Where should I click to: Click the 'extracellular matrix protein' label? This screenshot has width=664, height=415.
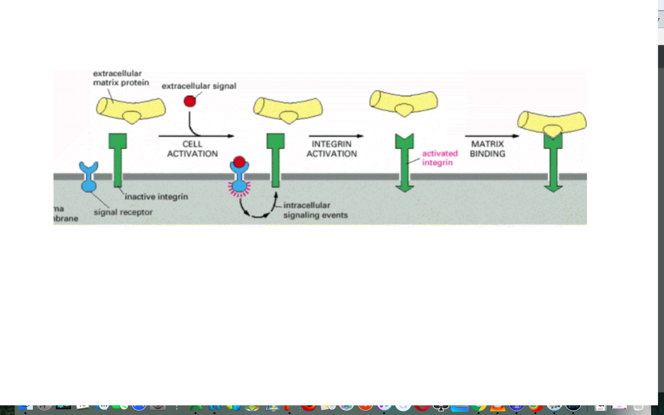[121, 78]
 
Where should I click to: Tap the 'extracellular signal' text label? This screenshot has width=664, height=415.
[199, 86]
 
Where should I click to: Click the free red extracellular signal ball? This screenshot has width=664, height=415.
[190, 101]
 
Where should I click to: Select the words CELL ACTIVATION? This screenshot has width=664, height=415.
[192, 149]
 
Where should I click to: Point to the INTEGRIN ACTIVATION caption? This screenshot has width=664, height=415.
[332, 149]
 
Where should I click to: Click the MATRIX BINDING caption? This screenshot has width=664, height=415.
[487, 149]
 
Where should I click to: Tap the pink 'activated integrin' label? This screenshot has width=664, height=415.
[440, 157]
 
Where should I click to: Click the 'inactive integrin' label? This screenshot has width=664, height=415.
[156, 197]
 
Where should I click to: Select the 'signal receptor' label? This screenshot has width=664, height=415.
[123, 212]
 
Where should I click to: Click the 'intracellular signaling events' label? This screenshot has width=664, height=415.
[315, 210]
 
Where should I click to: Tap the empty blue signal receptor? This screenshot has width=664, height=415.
[89, 177]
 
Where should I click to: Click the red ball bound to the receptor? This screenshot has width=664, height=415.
[239, 162]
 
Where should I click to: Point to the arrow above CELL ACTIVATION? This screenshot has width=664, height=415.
[196, 136]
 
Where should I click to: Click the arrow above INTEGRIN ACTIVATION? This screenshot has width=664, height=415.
[336, 136]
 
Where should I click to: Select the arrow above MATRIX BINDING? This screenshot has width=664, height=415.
[492, 136]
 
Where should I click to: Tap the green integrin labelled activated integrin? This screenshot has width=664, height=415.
[404, 162]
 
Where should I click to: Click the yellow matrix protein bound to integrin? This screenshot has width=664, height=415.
[552, 123]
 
